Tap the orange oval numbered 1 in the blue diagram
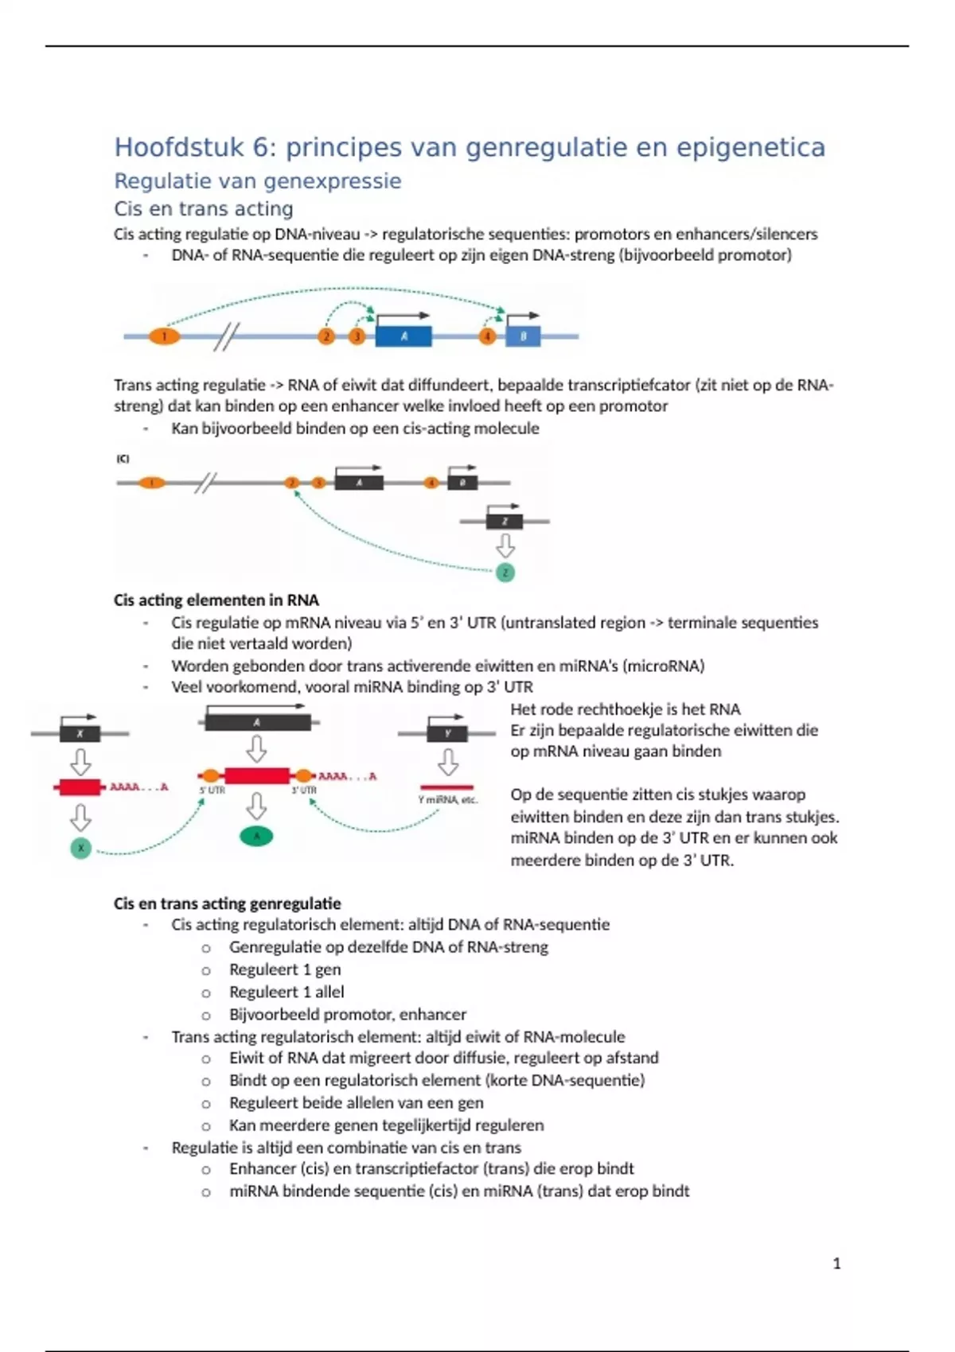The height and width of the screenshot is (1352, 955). coord(164,336)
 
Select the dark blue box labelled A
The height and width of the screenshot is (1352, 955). coord(403,336)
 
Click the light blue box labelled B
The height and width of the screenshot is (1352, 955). coord(523,336)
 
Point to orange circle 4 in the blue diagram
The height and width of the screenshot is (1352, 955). coord(487,336)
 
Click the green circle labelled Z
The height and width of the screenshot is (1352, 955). coord(505,573)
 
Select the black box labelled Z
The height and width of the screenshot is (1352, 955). coord(505,522)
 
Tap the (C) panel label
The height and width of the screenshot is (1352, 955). coord(123,459)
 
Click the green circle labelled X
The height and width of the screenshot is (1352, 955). coord(80,849)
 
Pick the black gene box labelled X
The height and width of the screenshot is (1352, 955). coord(80,733)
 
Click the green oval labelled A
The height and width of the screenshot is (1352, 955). coord(256,836)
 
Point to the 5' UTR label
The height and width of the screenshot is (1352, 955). coord(212,791)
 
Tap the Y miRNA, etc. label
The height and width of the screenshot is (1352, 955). coord(447,800)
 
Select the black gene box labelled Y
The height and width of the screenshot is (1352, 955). coord(448,733)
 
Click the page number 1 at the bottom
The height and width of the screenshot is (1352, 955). coord(836,1264)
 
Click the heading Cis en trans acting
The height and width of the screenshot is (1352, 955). coord(204,209)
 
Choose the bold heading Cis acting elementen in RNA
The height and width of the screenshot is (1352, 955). coord(216,600)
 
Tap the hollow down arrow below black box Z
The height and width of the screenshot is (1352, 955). coord(505,546)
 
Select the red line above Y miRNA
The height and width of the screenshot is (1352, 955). coord(447,787)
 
